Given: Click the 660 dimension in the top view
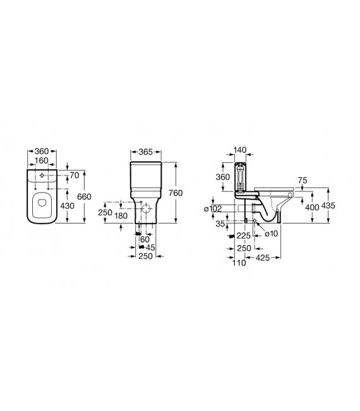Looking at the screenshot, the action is click(x=84, y=196).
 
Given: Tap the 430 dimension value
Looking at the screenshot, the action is click(x=68, y=206).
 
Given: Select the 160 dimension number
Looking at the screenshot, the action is click(x=42, y=160).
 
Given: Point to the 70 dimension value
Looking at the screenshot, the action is click(x=75, y=175).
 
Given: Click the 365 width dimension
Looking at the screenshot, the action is click(x=145, y=152).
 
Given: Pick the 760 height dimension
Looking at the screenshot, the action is click(x=176, y=193).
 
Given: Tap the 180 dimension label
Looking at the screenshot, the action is click(x=121, y=216).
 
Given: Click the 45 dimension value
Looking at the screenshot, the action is click(x=150, y=247).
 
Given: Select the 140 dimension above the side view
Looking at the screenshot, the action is click(x=240, y=150).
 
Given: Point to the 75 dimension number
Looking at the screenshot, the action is click(x=303, y=181).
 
